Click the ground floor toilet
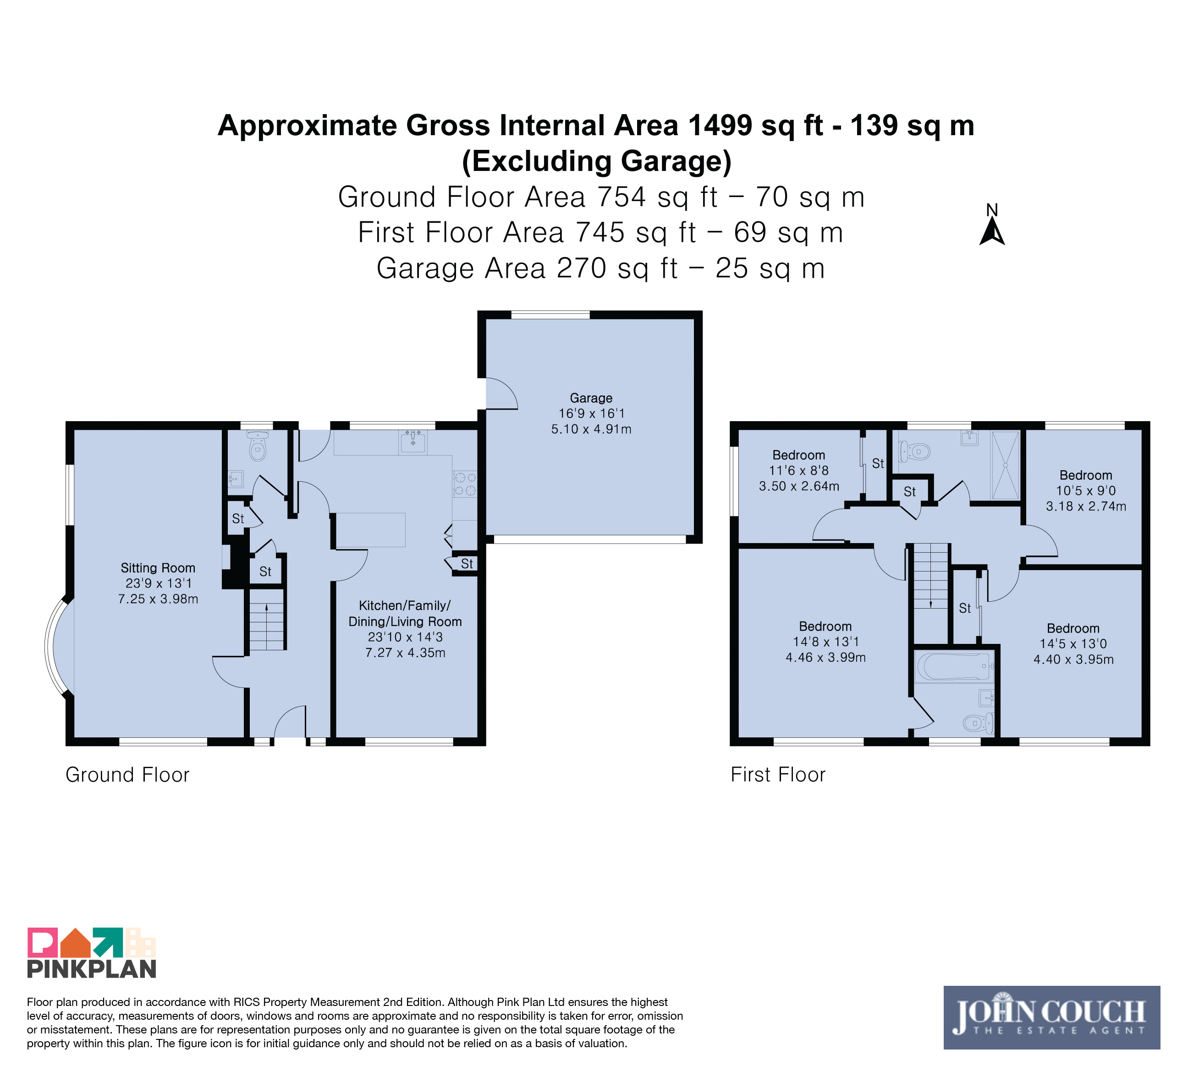click(258, 446)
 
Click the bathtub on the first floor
click(953, 666)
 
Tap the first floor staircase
click(930, 575)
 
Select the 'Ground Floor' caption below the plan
click(127, 775)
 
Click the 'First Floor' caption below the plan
click(778, 775)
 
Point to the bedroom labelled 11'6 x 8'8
click(799, 470)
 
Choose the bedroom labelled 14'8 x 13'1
click(825, 642)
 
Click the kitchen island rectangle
click(371, 530)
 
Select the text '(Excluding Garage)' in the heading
click(596, 161)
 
